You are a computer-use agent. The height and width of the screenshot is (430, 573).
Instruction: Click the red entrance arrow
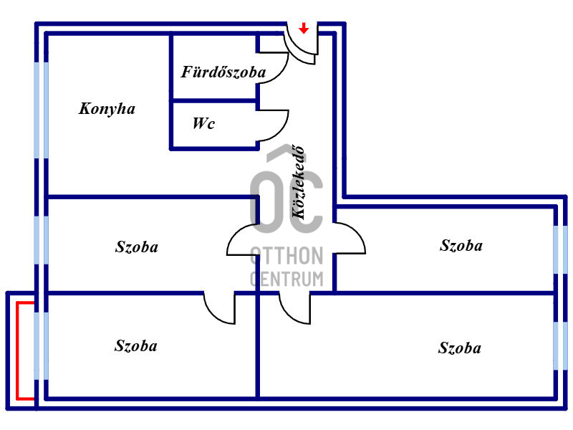click(304, 28)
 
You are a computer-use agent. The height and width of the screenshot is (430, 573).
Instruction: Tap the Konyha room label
click(107, 109)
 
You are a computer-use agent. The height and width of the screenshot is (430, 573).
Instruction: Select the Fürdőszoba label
click(223, 72)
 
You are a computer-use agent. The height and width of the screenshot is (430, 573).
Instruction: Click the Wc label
click(203, 123)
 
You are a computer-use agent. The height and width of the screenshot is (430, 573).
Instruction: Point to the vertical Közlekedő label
click(298, 182)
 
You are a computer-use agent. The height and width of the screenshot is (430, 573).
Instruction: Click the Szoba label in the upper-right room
click(461, 245)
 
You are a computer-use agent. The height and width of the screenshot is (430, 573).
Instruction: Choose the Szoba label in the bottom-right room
click(460, 348)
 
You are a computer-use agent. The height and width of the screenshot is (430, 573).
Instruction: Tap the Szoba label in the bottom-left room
click(136, 346)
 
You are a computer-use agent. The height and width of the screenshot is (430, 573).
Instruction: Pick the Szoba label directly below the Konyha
click(137, 247)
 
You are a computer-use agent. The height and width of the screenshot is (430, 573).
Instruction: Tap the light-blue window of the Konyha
click(42, 110)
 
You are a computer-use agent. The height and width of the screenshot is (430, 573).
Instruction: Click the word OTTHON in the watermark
click(287, 256)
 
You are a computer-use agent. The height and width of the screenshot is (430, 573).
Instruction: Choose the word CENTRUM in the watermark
click(287, 279)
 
